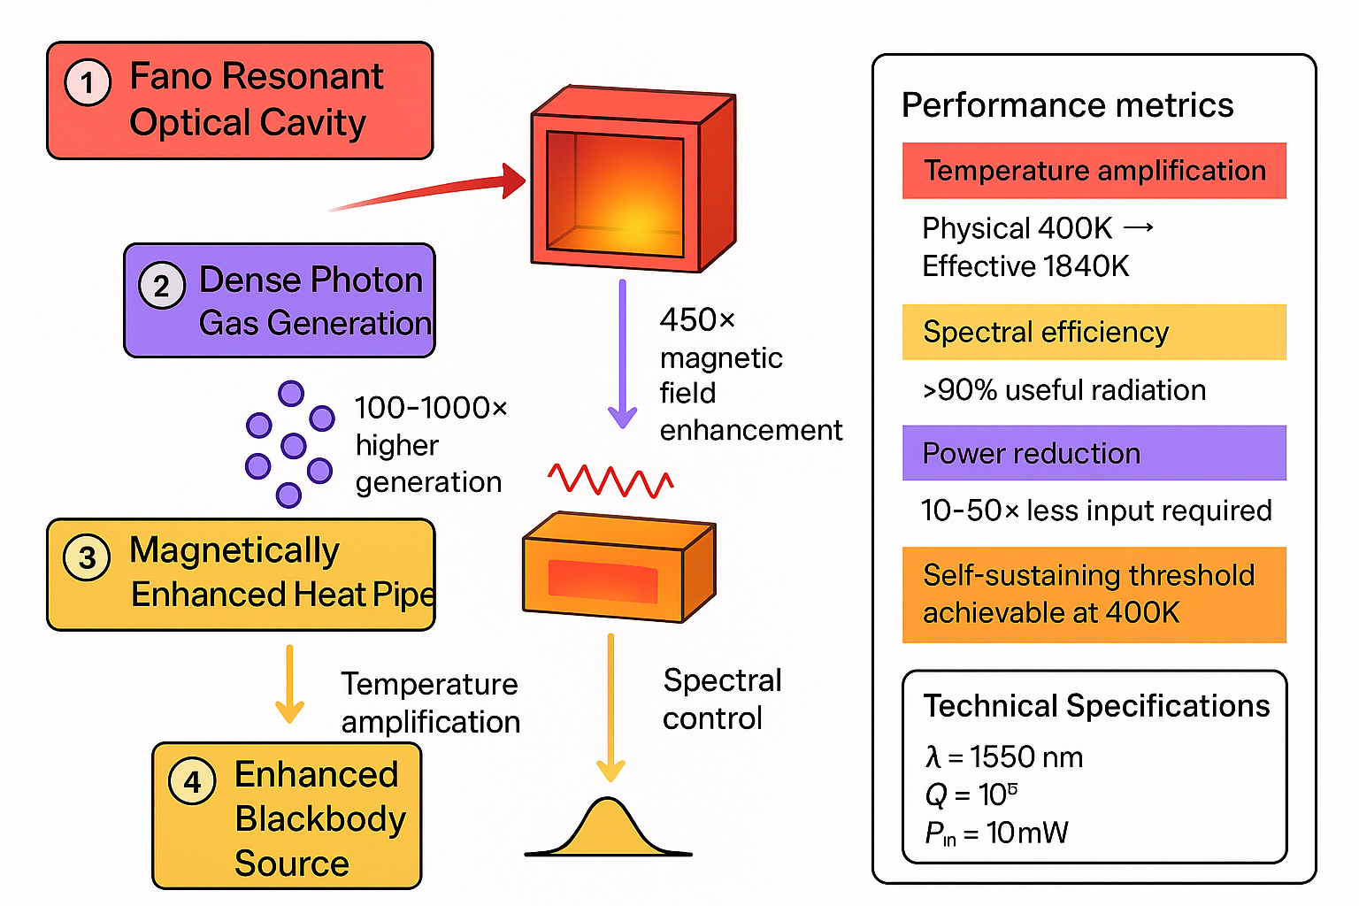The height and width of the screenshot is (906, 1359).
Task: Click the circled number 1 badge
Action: pyautogui.click(x=88, y=82)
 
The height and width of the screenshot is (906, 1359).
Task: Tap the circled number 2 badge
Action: pyautogui.click(x=162, y=285)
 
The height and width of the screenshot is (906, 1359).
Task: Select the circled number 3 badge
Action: pyautogui.click(x=87, y=557)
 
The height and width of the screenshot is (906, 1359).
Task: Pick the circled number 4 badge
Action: pyautogui.click(x=192, y=781)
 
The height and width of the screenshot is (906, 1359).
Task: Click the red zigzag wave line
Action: pyautogui.click(x=610, y=481)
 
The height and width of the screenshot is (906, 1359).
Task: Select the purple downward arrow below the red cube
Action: pyautogui.click(x=622, y=354)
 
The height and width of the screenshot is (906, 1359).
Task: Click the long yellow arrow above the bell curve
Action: pyautogui.click(x=610, y=708)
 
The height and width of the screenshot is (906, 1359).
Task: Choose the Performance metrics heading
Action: pyautogui.click(x=1067, y=105)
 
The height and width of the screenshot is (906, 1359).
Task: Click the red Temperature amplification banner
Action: pyautogui.click(x=1094, y=171)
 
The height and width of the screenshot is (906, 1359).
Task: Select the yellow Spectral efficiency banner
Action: pyautogui.click(x=1094, y=332)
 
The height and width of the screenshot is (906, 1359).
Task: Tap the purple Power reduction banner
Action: pyautogui.click(x=1094, y=453)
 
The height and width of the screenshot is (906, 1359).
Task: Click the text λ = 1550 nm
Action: pyautogui.click(x=1003, y=757)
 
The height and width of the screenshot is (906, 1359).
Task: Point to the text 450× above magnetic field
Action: pyautogui.click(x=697, y=319)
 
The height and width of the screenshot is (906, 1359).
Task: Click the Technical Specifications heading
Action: pyautogui.click(x=1096, y=706)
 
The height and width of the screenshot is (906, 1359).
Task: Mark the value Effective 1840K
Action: pyautogui.click(x=1025, y=266)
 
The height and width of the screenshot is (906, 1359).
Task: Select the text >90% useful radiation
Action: pyautogui.click(x=1063, y=390)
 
